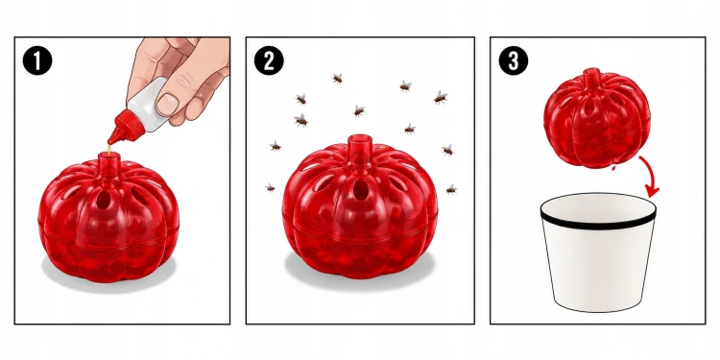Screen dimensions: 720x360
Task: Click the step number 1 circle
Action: point(37,60)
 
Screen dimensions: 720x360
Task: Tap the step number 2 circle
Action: point(269,60)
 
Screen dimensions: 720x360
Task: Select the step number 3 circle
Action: point(514,60)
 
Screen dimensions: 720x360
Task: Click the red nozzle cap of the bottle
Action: point(121,129)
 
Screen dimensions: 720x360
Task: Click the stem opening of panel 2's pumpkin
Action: point(360,138)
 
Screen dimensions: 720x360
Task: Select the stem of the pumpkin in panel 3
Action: point(591,78)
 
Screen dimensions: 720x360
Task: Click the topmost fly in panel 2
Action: point(338,79)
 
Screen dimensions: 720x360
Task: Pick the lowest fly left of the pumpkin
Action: point(270,187)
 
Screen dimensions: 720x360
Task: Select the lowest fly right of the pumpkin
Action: point(451,189)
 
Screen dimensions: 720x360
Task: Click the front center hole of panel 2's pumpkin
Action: point(360,189)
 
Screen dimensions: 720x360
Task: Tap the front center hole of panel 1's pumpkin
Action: point(104,199)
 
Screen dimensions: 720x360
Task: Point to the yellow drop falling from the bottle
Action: point(108,149)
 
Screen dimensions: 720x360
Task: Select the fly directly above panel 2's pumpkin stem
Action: point(359,110)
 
